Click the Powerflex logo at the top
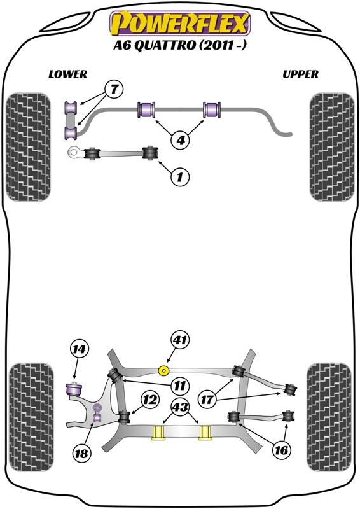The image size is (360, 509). click(180, 23)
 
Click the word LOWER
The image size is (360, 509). click(68, 74)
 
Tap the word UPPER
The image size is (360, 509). click(300, 74)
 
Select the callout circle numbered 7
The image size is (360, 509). click(114, 89)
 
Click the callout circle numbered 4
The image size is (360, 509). click(181, 140)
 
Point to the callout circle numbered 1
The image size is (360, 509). click(179, 177)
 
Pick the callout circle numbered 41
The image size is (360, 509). click(181, 340)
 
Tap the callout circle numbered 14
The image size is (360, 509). click(80, 349)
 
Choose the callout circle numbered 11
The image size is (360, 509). click(180, 386)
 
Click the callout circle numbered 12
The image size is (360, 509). click(150, 400)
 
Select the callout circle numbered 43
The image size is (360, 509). click(181, 407)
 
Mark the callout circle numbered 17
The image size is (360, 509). click(207, 400)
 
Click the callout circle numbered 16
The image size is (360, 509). click(281, 450)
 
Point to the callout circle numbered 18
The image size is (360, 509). click(81, 453)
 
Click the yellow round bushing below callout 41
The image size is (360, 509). click(164, 370)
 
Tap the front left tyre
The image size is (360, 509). click(29, 147)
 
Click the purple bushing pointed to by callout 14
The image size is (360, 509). click(74, 389)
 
